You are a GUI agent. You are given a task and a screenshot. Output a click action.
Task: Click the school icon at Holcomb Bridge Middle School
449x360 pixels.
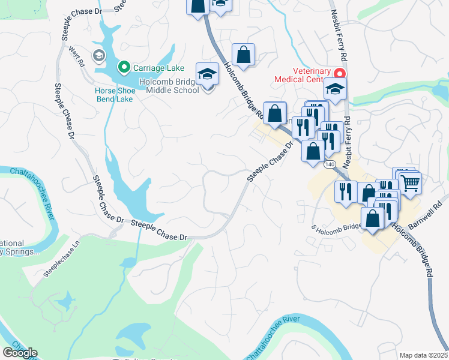208,74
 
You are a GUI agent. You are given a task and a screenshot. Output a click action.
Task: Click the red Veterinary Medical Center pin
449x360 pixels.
340,74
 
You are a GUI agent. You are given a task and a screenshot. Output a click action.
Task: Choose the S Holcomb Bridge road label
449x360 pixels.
336,226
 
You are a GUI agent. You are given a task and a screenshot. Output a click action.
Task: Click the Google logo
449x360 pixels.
20,353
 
